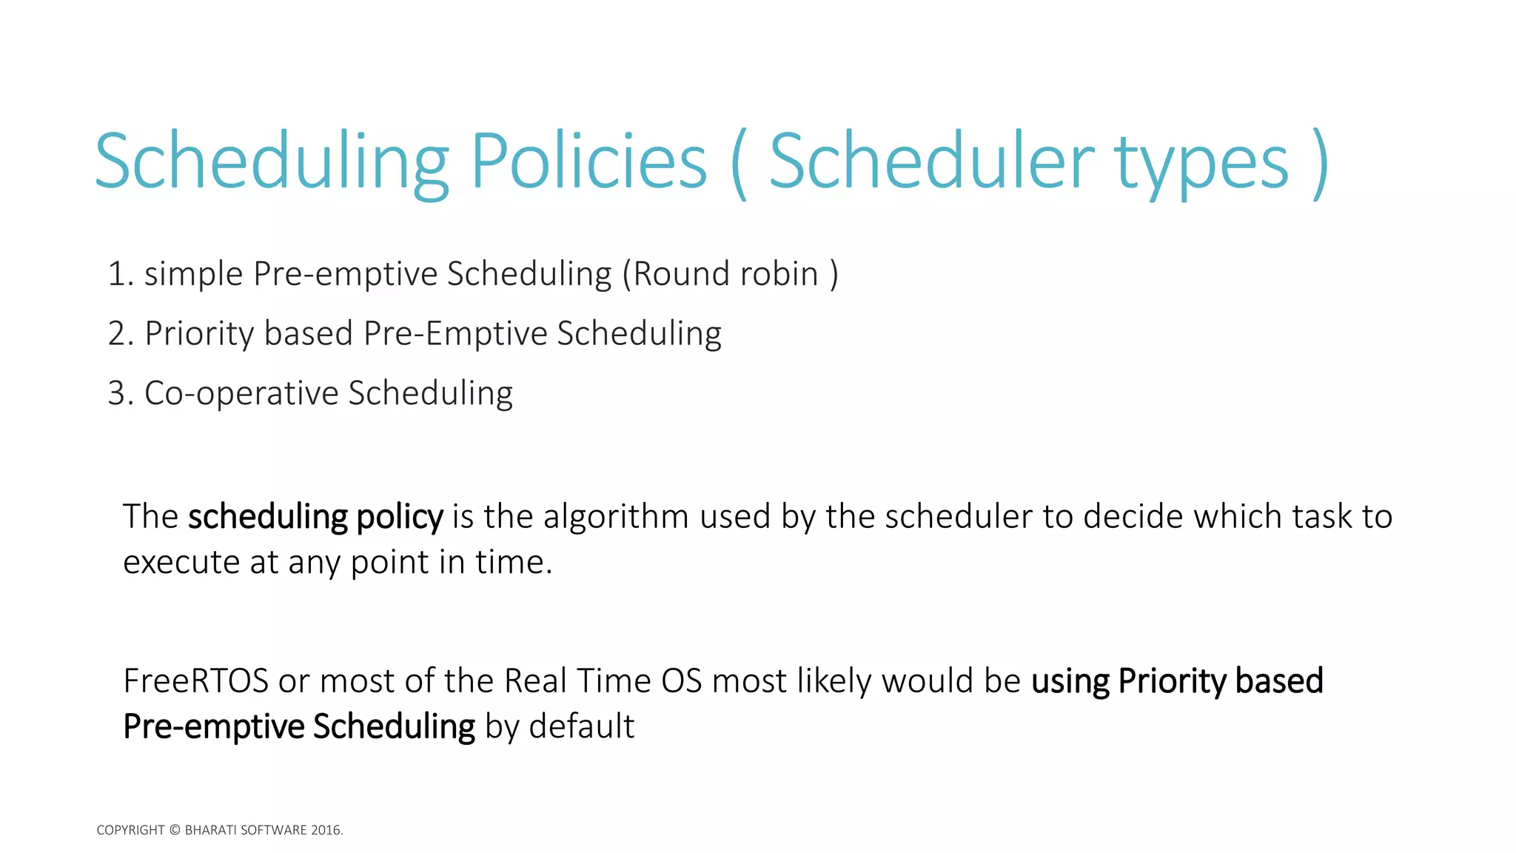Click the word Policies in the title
tap(588, 161)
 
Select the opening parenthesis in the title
tap(738, 164)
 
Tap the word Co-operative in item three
tap(241, 393)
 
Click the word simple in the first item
tap(193, 275)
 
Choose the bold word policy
tap(400, 517)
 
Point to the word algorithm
tap(616, 517)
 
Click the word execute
tap(181, 563)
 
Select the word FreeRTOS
tap(195, 681)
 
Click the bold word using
tap(1070, 681)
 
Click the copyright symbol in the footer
tap(175, 830)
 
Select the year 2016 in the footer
tap(326, 830)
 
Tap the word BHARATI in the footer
tap(209, 830)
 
